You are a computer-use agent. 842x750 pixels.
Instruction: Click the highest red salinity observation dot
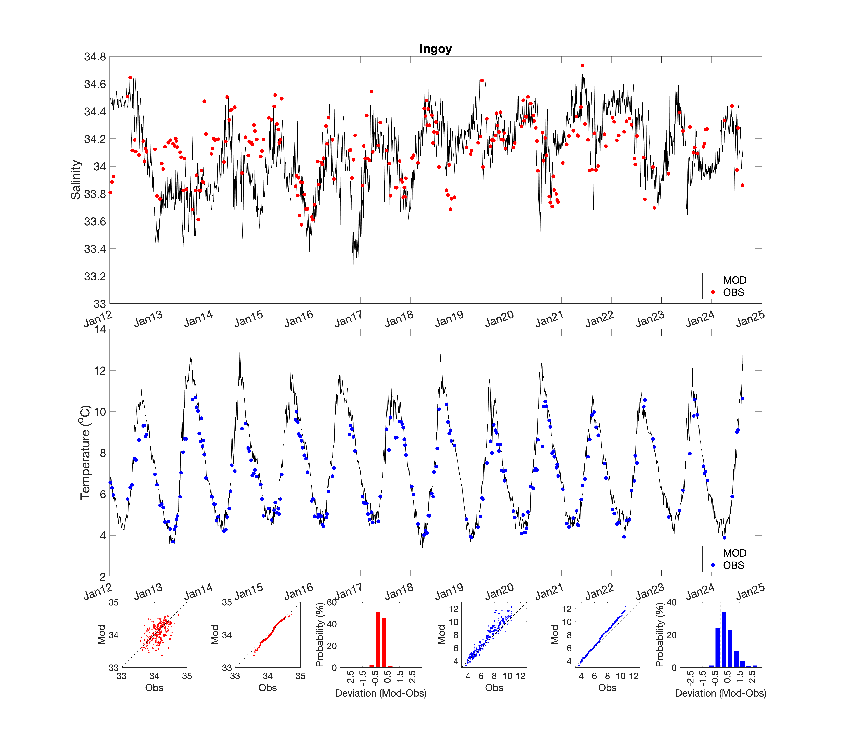[x=582, y=65]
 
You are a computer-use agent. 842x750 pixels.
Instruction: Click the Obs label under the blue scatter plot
[x=494, y=688]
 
